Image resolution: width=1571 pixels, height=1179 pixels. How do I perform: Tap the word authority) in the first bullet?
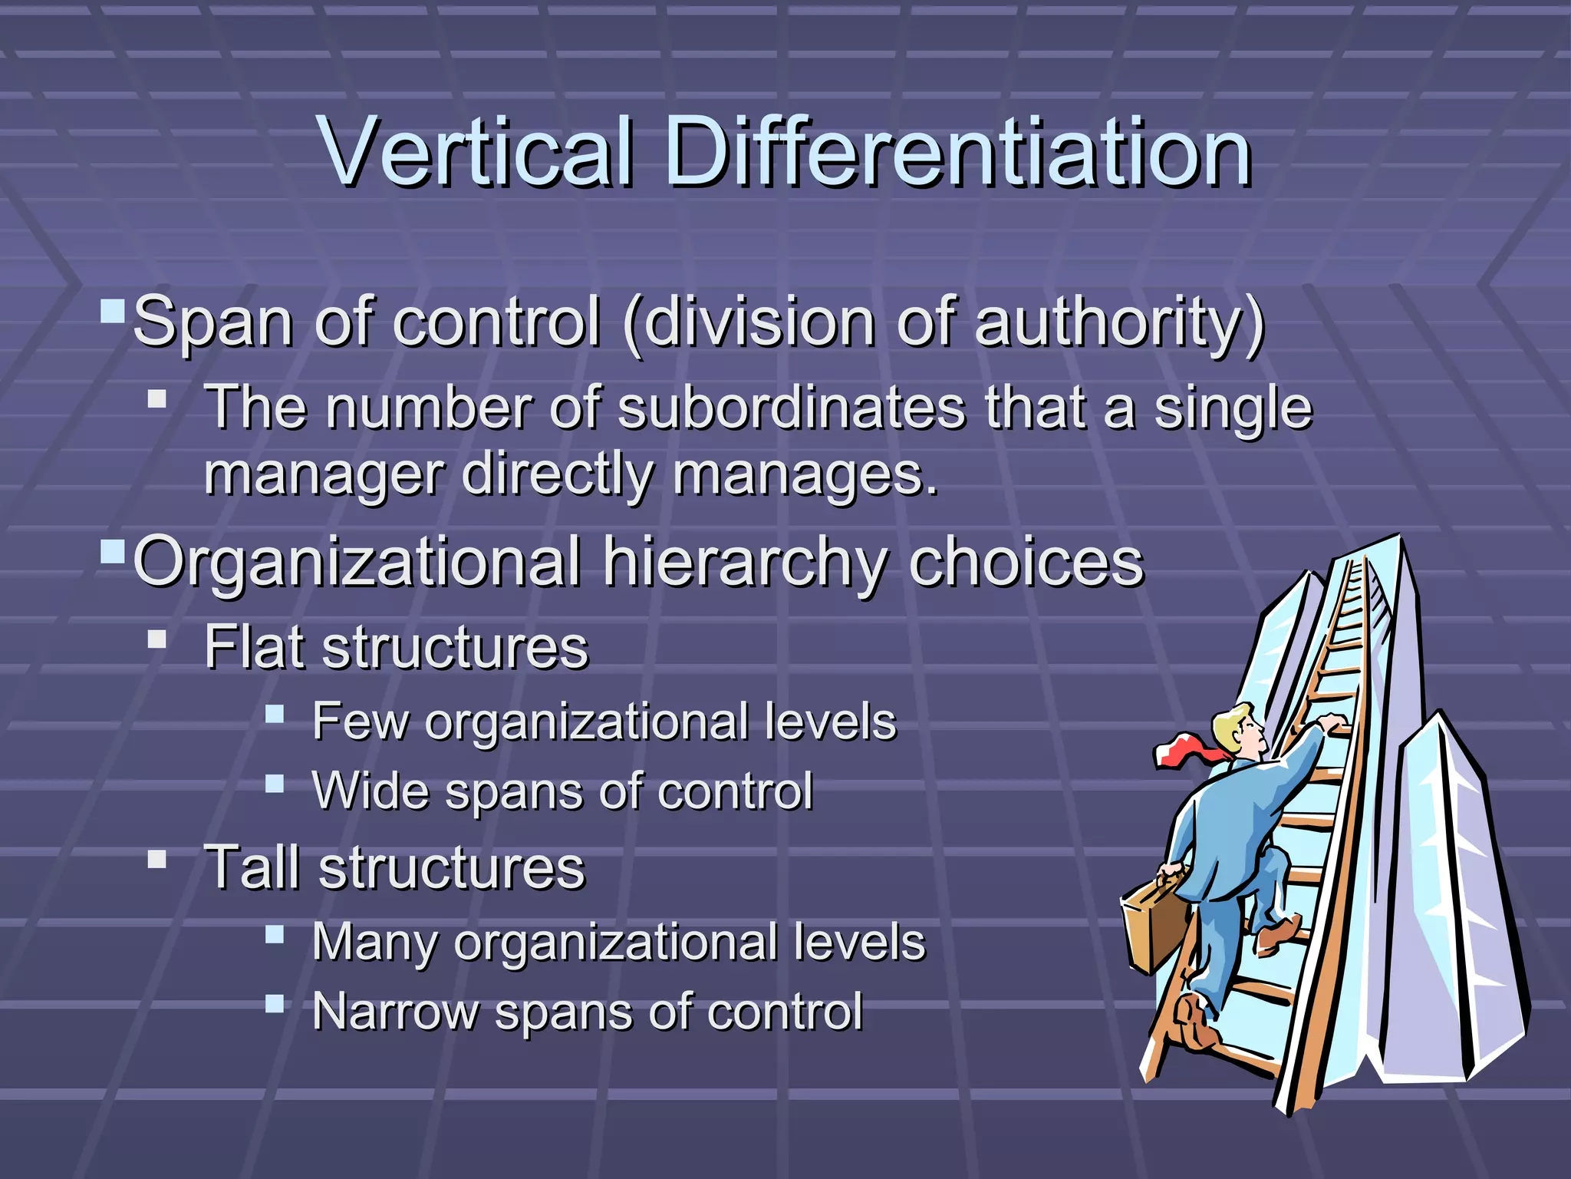coord(1119,323)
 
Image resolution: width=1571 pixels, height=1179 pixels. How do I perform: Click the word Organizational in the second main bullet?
coord(357,563)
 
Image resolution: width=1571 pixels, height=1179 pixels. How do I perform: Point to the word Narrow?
coord(394,1011)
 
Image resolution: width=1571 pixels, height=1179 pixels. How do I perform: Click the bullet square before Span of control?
coord(113,312)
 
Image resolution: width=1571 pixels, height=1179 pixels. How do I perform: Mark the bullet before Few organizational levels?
coord(275,715)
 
